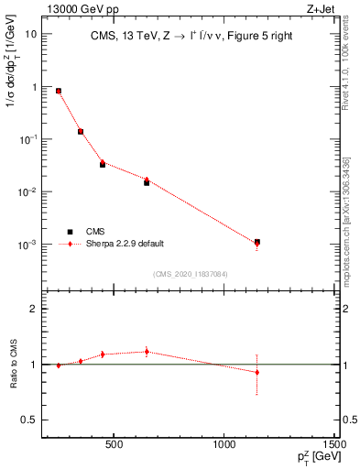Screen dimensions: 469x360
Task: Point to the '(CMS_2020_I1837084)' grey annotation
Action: pyautogui.click(x=190, y=273)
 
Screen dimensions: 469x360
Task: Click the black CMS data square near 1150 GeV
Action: pyautogui.click(x=257, y=242)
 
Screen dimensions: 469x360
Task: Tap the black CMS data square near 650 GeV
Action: pyautogui.click(x=147, y=182)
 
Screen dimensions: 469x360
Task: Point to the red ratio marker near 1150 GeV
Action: pyautogui.click(x=257, y=372)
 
